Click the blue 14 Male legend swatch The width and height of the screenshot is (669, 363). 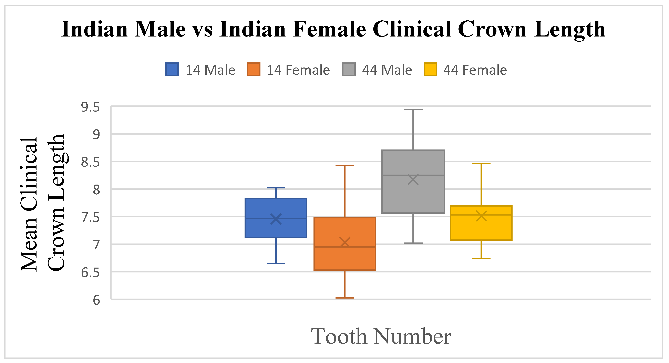(172, 69)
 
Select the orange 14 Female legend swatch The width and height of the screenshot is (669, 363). (254, 69)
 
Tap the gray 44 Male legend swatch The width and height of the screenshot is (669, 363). (349, 69)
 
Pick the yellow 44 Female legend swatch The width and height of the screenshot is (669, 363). (430, 69)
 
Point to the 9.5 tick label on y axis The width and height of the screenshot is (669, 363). (90, 107)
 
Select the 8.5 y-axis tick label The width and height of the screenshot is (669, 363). (90, 162)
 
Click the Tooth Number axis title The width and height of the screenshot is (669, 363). (381, 336)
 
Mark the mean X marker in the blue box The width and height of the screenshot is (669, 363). (276, 219)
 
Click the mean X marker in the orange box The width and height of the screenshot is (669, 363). (345, 242)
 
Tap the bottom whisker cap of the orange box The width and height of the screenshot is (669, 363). (345, 298)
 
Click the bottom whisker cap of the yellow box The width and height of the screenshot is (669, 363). (481, 258)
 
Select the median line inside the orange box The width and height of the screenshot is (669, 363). (345, 247)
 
